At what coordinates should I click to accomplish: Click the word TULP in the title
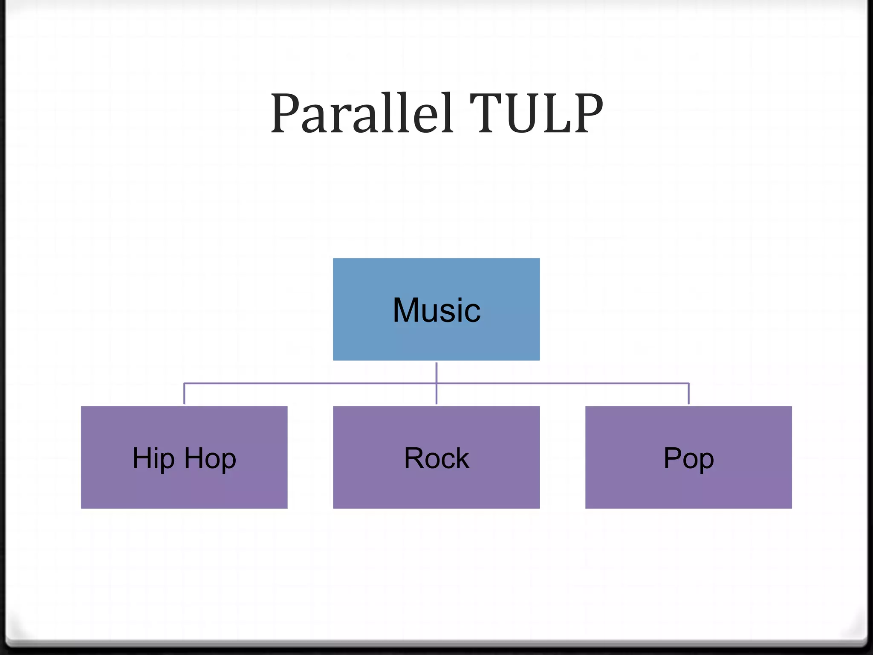536,113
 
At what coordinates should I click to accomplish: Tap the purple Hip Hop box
184,486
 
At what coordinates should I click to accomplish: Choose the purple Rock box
436,486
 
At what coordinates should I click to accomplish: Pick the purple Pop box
688,486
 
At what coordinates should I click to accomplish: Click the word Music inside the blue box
436,310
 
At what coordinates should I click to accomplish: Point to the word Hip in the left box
153,459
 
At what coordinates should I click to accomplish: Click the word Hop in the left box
210,459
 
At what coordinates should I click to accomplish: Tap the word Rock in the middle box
436,458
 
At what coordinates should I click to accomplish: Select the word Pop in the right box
688,459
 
